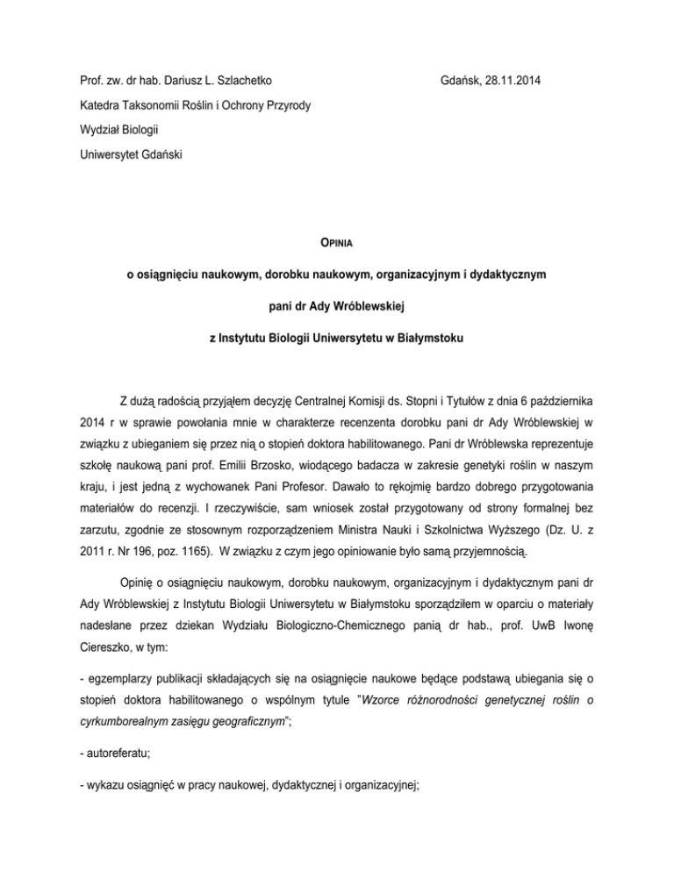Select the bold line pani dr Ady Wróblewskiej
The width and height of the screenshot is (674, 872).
click(x=337, y=299)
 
